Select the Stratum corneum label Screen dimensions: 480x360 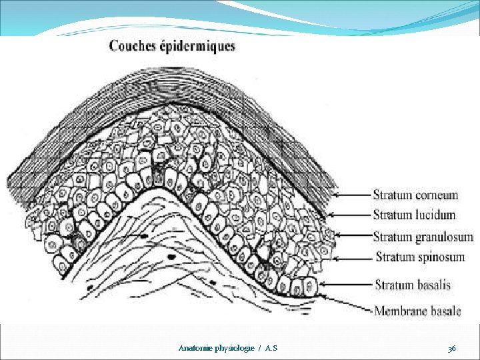pyautogui.click(x=415, y=195)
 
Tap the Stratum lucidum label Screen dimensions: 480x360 pyautogui.click(x=414, y=215)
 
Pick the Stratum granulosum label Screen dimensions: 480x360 pyautogui.click(x=423, y=237)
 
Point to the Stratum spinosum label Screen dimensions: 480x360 pyautogui.click(x=420, y=257)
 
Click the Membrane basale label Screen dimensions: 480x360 pyautogui.click(x=417, y=311)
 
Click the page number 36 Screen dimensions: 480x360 pyautogui.click(x=452, y=349)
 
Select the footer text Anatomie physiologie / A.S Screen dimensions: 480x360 pyautogui.click(x=228, y=349)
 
